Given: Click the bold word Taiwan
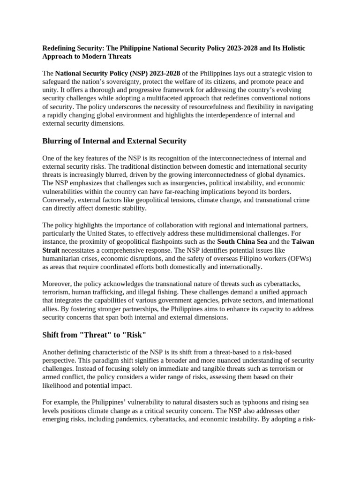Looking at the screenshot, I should tap(303, 241).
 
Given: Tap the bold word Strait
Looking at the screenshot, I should tap(51, 250).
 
